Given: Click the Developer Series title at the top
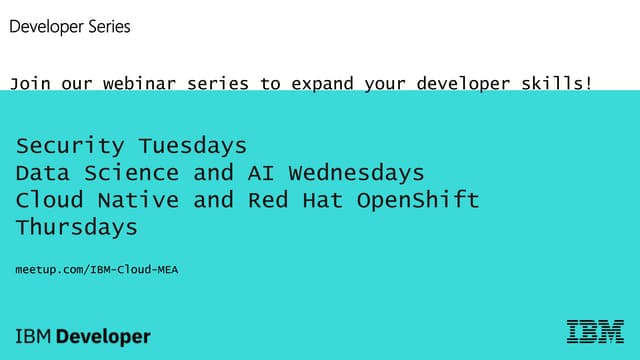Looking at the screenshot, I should point(70,27).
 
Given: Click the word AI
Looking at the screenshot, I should point(263,173).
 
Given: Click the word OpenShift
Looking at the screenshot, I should point(418,200).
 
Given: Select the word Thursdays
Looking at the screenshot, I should point(77,227).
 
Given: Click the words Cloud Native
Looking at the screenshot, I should point(98,200).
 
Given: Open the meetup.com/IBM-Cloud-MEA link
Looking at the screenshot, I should point(97,270).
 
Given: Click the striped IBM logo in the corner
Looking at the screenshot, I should point(595,332).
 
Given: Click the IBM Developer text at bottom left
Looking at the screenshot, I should point(83,337).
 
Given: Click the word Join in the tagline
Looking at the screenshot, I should point(30,83).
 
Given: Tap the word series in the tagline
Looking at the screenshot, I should point(218,83).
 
